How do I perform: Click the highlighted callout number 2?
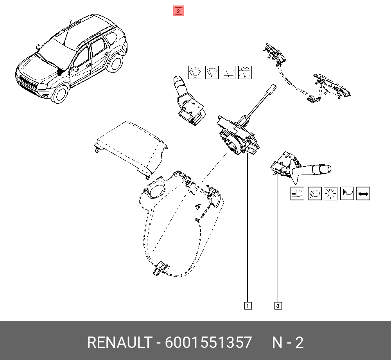pos(178,11)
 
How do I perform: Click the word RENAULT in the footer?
pos(119,343)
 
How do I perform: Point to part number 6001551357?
pos(208,343)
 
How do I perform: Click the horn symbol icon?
pos(347,193)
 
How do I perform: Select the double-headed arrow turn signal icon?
pos(363,193)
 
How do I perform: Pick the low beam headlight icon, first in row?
pos(297,193)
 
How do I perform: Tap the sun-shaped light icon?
pos(330,193)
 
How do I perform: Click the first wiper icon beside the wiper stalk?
pos(195,72)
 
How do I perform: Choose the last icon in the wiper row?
pos(245,72)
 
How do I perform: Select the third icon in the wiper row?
pos(228,72)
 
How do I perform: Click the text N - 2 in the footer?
pos(288,343)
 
